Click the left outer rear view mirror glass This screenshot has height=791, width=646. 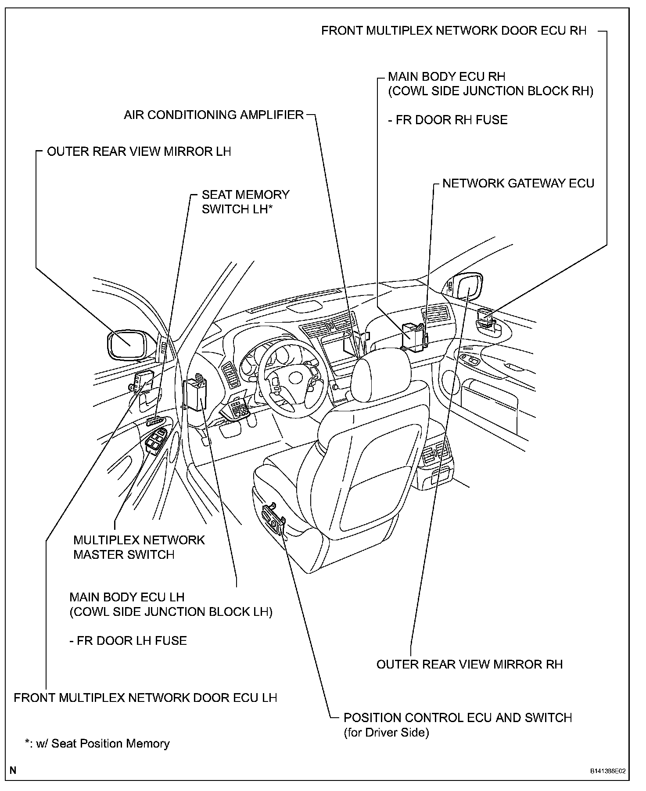[x=127, y=345]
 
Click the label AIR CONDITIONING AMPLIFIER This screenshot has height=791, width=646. [x=214, y=115]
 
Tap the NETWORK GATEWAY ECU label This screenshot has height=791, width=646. [x=518, y=183]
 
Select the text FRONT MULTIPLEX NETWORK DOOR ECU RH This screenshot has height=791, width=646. [x=454, y=31]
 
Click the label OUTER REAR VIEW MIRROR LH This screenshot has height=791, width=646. [x=139, y=152]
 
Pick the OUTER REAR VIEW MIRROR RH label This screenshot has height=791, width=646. [x=469, y=664]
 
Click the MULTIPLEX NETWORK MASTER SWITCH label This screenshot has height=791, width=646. [x=139, y=547]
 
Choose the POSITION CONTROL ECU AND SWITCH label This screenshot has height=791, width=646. [x=458, y=718]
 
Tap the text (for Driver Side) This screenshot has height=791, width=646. [x=386, y=732]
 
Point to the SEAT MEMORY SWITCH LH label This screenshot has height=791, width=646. [x=245, y=202]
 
